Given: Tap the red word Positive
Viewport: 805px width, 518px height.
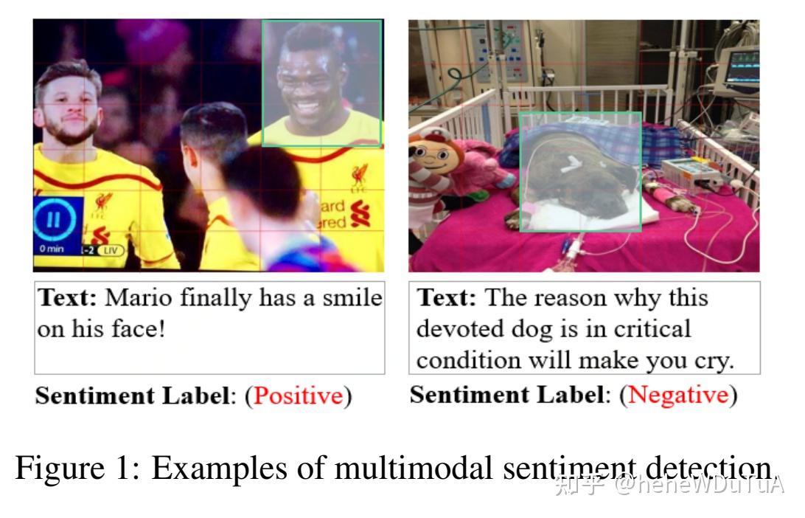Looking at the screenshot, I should click(298, 396).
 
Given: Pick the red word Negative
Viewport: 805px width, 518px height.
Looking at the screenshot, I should click(678, 395).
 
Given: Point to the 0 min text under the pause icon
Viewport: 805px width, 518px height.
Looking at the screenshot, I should click(52, 249).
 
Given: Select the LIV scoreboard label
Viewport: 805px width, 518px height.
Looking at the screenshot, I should click(112, 251).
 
